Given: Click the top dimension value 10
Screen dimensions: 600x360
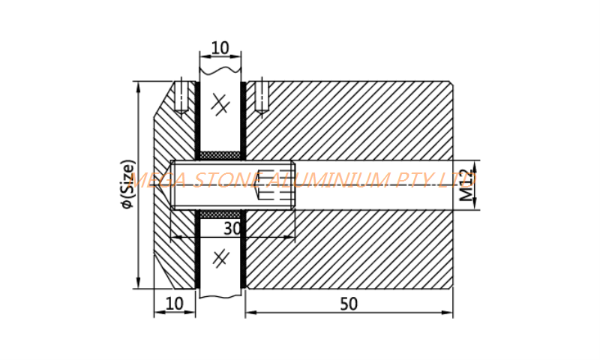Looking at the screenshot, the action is click(x=220, y=48).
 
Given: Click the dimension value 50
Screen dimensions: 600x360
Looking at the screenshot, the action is click(x=349, y=304).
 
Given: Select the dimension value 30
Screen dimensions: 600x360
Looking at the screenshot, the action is click(x=232, y=229).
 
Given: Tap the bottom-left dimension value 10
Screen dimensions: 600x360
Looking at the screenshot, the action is click(x=175, y=304).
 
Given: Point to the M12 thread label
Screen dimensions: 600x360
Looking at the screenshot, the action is click(x=466, y=185).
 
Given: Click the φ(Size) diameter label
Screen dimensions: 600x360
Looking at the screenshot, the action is click(x=127, y=184).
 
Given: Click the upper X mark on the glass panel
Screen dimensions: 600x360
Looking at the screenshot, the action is click(x=220, y=103).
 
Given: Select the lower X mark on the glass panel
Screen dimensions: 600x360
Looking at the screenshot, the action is click(x=220, y=259).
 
